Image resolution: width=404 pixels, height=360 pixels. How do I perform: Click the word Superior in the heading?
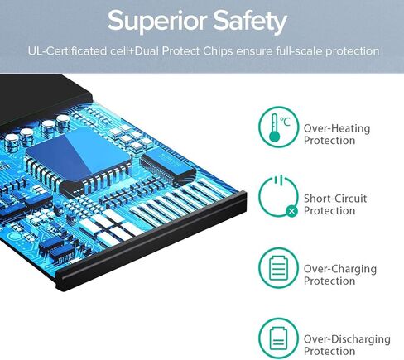tap(157, 22)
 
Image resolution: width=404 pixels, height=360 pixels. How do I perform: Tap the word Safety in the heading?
tap(250, 22)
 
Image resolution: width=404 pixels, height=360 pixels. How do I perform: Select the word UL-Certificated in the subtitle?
tap(67, 51)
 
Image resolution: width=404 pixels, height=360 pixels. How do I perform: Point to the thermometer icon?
tap(274, 127)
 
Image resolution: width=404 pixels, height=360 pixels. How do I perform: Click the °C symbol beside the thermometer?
tap(286, 122)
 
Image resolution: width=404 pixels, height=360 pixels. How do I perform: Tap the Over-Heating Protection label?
tap(337, 134)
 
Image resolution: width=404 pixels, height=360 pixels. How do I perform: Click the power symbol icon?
tap(278, 196)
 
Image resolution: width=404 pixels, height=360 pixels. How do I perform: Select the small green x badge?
tap(291, 211)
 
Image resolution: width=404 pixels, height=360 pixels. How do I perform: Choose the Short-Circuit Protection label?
tap(335, 204)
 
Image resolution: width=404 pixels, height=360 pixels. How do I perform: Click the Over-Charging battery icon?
tap(278, 268)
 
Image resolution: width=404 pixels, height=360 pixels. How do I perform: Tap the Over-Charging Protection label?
tap(340, 275)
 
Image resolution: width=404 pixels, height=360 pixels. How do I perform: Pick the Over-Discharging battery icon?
tap(278, 338)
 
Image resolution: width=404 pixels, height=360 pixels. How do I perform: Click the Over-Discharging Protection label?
tap(347, 345)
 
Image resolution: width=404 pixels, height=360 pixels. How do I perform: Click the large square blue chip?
tap(78, 158)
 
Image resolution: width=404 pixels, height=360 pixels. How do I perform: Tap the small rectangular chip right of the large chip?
tap(167, 166)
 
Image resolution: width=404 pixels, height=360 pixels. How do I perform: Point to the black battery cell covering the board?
tap(41, 102)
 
